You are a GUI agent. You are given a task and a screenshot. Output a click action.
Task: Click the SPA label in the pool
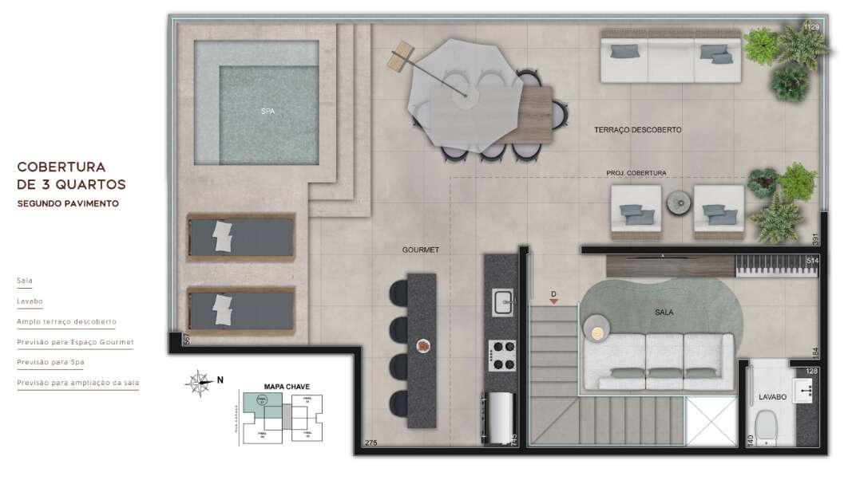(x=267, y=112)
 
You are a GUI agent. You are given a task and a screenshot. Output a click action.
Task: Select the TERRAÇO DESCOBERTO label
(x=637, y=130)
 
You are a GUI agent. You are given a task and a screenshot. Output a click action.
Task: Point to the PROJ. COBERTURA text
(x=636, y=173)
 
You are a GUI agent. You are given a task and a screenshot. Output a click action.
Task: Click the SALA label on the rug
(x=664, y=313)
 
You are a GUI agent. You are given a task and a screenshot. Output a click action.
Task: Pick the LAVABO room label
(x=773, y=396)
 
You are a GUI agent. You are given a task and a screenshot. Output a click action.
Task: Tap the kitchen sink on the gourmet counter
(x=503, y=303)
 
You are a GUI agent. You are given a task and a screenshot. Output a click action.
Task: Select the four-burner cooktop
(x=502, y=355)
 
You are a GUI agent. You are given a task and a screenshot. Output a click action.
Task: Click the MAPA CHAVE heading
(x=287, y=387)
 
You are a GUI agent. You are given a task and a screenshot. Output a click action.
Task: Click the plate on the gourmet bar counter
(x=423, y=346)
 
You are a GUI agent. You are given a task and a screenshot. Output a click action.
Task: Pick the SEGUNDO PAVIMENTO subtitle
(x=68, y=204)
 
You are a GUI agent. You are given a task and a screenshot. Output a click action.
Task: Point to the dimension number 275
(x=371, y=443)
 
